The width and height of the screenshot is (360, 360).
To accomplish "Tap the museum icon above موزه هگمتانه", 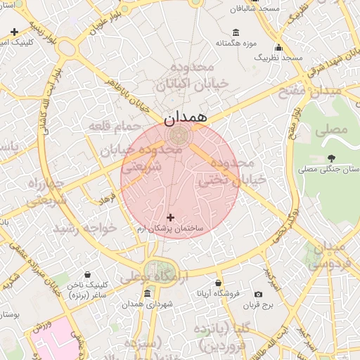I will [x=236, y=32].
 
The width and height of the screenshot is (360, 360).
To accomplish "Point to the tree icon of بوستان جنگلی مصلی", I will [x=331, y=157].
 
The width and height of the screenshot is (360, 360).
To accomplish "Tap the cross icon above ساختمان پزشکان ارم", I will [x=170, y=218].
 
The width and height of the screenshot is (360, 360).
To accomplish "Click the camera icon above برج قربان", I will [x=258, y=294].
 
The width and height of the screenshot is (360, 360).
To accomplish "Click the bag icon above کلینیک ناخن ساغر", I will [x=86, y=275].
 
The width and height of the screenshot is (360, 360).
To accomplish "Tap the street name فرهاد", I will [x=106, y=200].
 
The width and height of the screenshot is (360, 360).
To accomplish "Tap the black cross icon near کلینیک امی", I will [x=15, y=32].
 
